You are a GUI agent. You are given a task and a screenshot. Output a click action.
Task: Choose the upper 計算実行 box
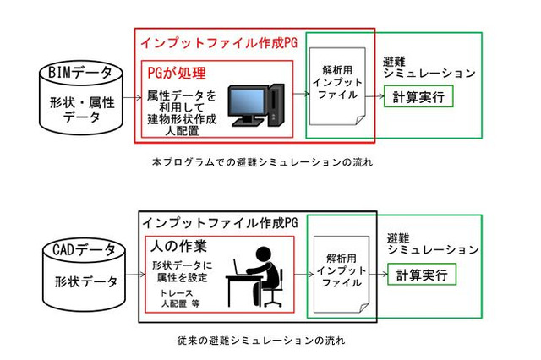point(418,98)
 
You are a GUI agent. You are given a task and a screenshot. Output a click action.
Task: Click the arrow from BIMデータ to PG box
point(130,97)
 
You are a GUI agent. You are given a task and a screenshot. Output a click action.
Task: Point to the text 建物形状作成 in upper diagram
point(181,118)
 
